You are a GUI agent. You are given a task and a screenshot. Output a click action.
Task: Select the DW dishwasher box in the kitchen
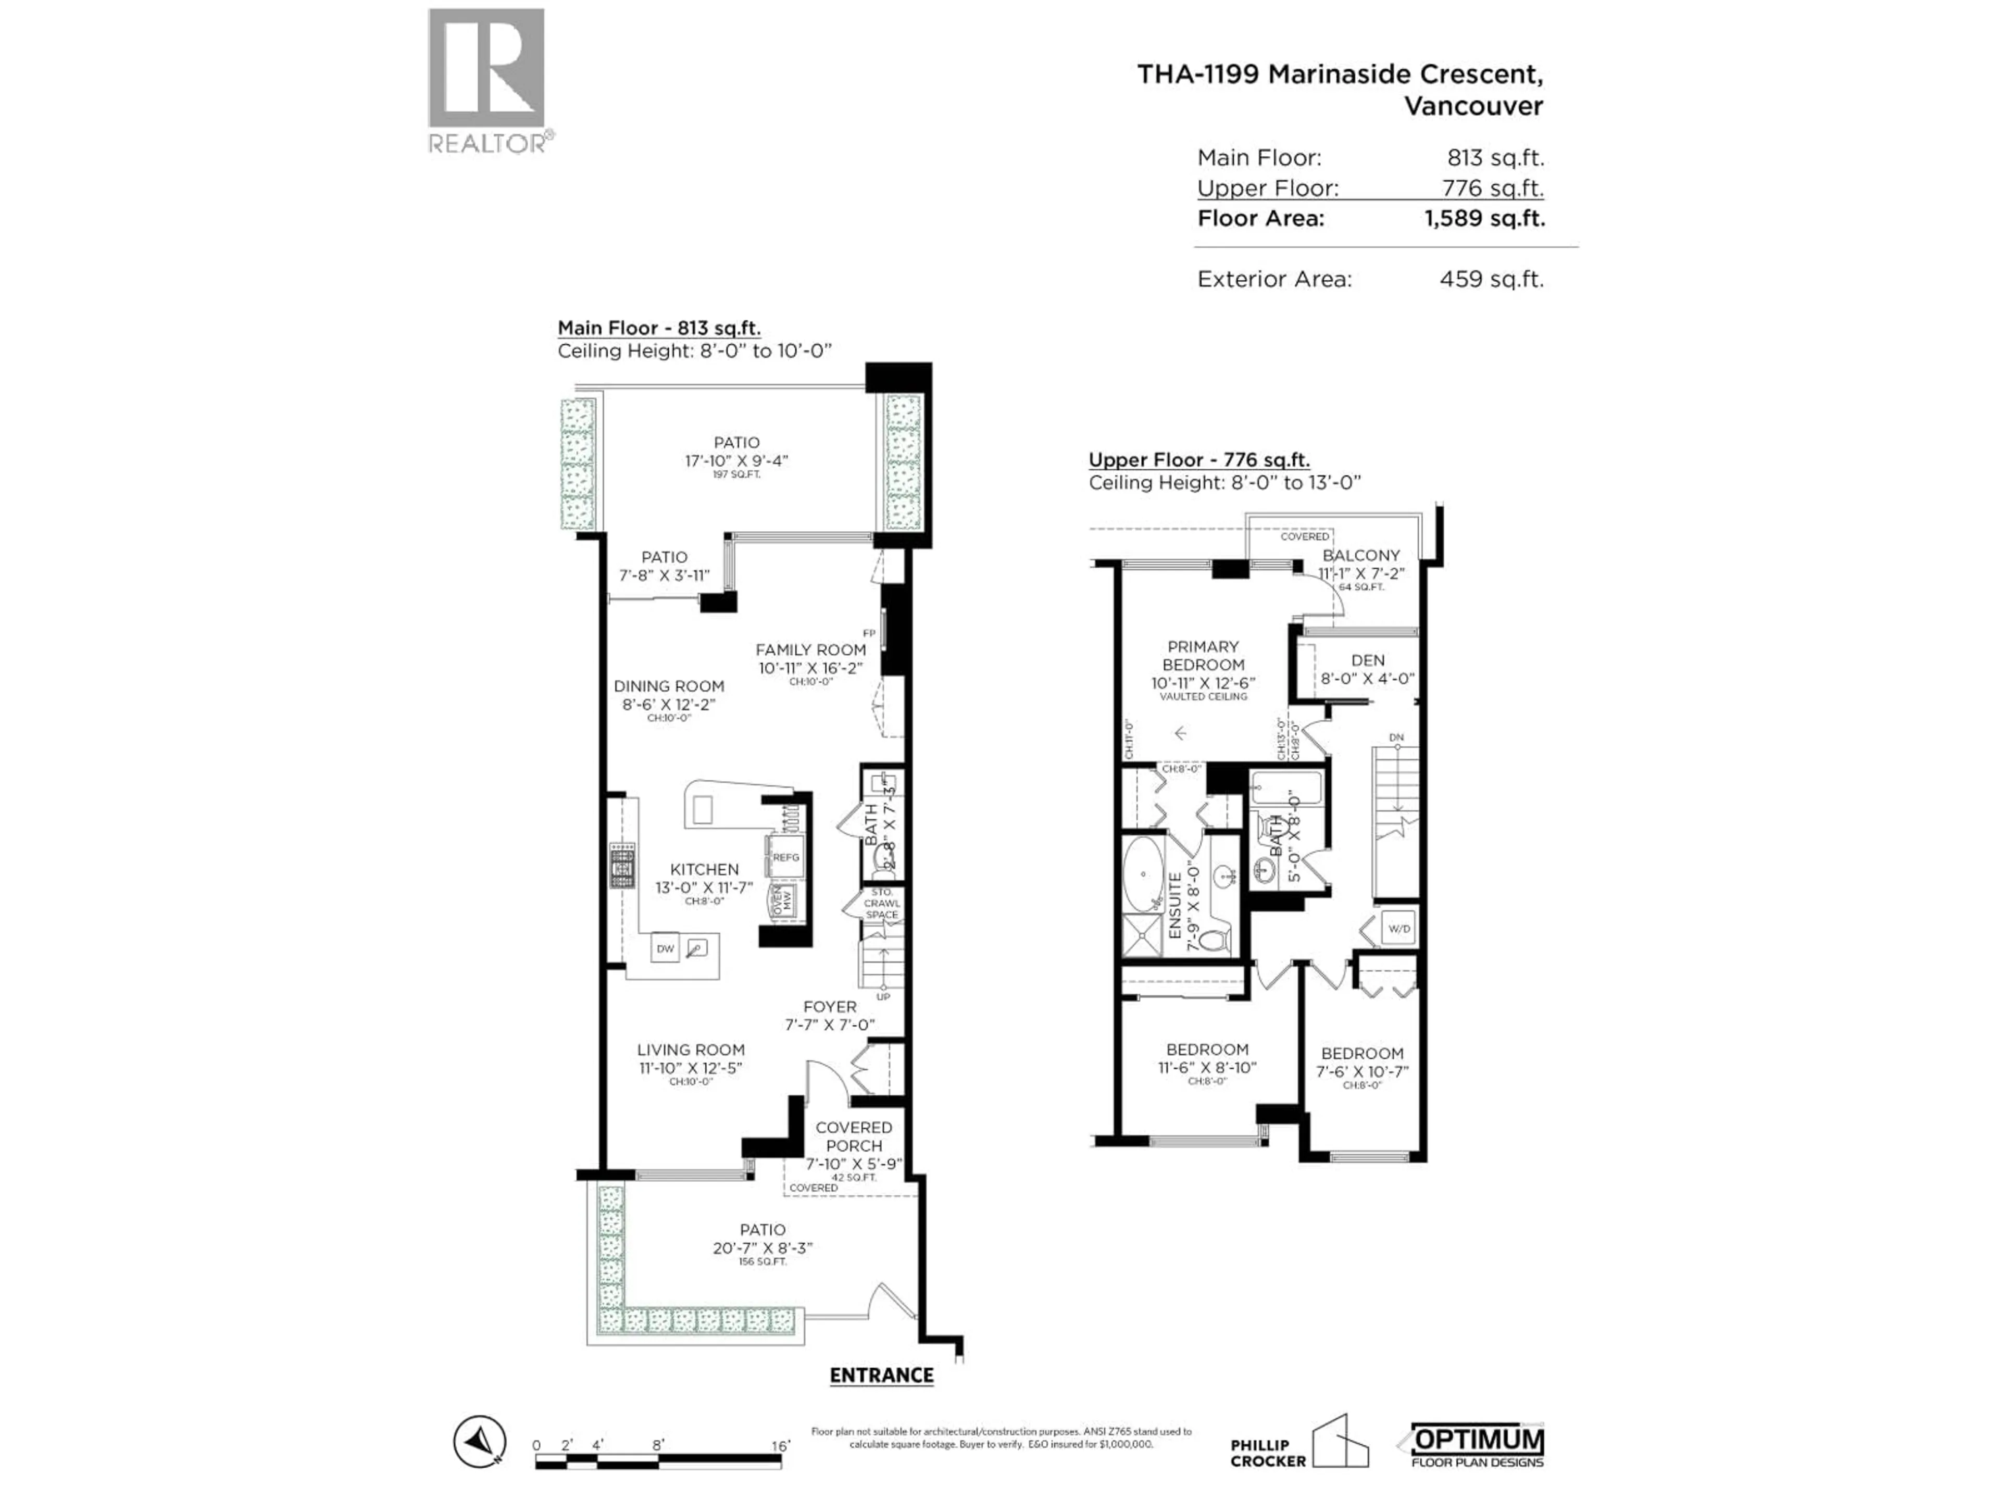click(666, 948)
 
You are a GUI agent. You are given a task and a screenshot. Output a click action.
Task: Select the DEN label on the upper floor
click(1367, 661)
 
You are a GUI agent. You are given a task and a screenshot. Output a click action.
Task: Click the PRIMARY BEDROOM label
click(1203, 656)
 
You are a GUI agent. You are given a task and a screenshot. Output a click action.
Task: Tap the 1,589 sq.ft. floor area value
click(1484, 219)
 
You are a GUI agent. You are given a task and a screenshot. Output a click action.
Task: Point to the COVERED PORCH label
click(854, 1136)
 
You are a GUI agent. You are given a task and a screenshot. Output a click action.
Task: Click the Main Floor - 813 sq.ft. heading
click(658, 328)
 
